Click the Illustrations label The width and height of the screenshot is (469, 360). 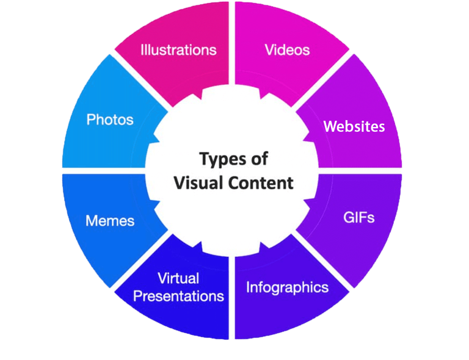coord(178,49)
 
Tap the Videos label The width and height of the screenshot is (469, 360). coord(287,49)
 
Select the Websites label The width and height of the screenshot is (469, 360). coord(354,126)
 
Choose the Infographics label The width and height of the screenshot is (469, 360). coord(287,287)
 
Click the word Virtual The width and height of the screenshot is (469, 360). coord(178,279)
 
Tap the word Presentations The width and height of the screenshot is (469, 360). coord(178,297)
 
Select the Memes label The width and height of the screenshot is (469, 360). coord(110,220)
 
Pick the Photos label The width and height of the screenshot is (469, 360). coord(110,119)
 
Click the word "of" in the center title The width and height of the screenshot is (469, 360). coord(255,160)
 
